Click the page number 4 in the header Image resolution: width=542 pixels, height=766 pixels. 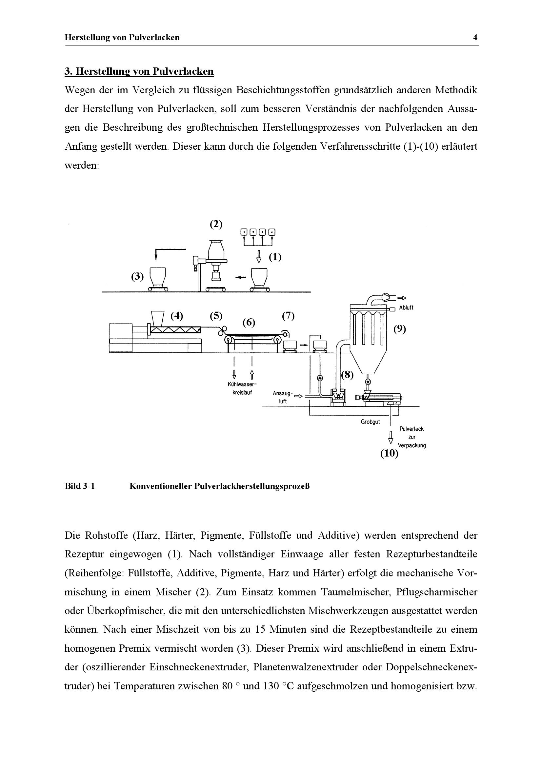pyautogui.click(x=475, y=37)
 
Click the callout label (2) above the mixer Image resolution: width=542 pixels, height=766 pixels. pyautogui.click(x=216, y=224)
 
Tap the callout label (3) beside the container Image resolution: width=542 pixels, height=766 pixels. pyautogui.click(x=137, y=277)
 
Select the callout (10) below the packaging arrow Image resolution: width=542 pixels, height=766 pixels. pyautogui.click(x=390, y=454)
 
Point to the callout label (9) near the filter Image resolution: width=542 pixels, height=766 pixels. pyautogui.click(x=399, y=329)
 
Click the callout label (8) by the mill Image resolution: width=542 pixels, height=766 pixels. pyautogui.click(x=347, y=375)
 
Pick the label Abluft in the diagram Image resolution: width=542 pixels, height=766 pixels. pyautogui.click(x=406, y=308)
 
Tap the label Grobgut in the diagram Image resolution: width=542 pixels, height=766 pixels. pyautogui.click(x=370, y=422)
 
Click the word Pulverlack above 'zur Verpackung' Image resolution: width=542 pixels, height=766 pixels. pyautogui.click(x=412, y=429)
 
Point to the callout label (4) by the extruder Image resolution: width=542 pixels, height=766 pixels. pyautogui.click(x=177, y=316)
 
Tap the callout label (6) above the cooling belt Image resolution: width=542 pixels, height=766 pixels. pyautogui.click(x=249, y=322)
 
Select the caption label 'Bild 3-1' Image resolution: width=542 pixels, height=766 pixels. pyautogui.click(x=80, y=486)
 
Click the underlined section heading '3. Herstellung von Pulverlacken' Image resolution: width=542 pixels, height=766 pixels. pyautogui.click(x=139, y=71)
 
